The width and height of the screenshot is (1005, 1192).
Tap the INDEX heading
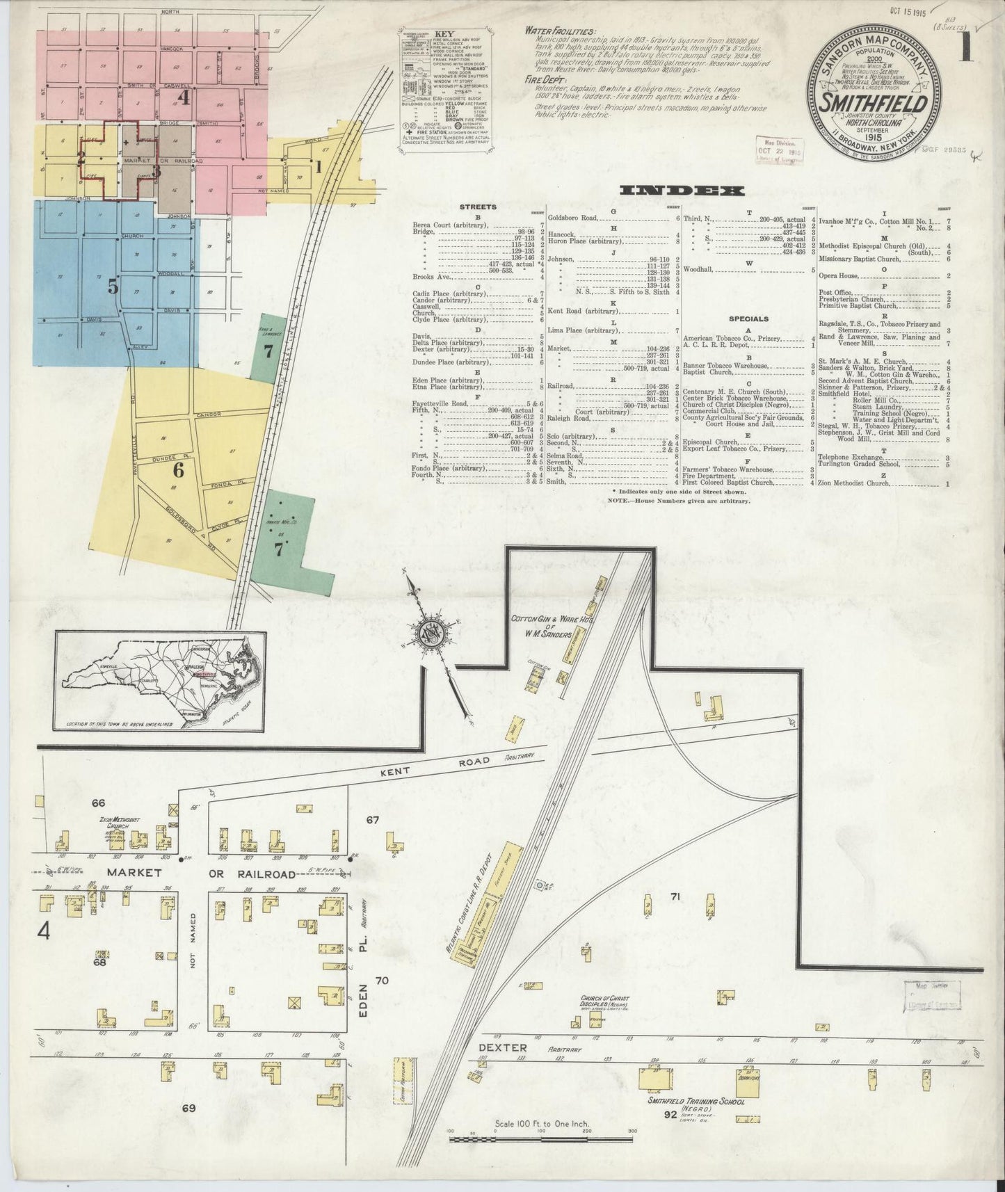pyautogui.click(x=681, y=190)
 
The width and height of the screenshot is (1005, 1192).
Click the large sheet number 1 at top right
pyautogui.click(x=967, y=52)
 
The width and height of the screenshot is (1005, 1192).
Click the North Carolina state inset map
pyautogui.click(x=160, y=681)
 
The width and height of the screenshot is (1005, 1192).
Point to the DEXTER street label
pyautogui.click(x=502, y=1047)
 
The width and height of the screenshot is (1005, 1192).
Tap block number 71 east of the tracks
pyautogui.click(x=674, y=896)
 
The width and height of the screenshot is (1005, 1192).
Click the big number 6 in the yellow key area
pyautogui.click(x=178, y=471)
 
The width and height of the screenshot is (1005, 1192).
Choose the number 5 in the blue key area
pyautogui.click(x=113, y=287)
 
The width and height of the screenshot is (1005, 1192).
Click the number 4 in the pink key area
pyautogui.click(x=184, y=98)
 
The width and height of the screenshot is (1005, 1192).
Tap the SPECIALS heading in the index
pyautogui.click(x=748, y=319)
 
